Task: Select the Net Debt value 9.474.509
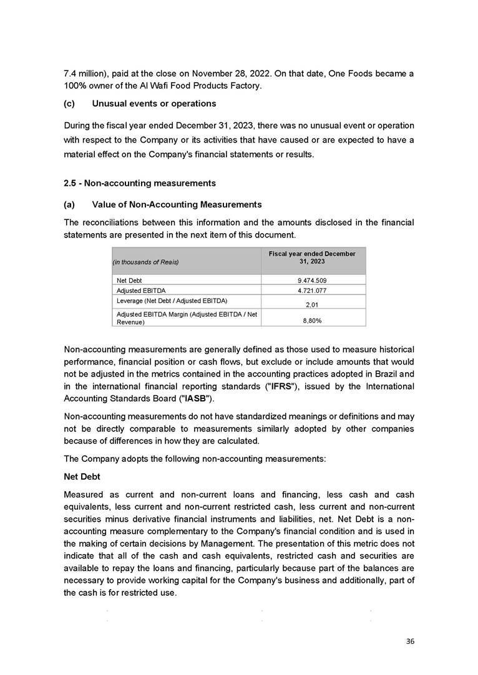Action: pos(313,280)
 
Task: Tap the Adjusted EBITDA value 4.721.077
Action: pos(313,290)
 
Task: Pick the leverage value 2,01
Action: pos(313,305)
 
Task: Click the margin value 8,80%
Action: pos(313,321)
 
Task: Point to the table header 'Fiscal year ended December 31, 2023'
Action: pos(313,257)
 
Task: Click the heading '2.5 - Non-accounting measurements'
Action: pos(140,183)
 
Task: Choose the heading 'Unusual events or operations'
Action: pos(154,103)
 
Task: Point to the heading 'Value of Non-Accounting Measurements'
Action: pos(177,204)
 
